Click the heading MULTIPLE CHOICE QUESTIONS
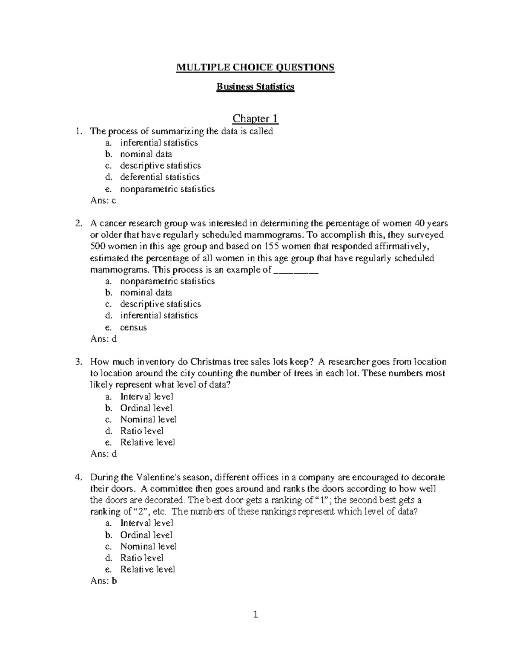pos(255,67)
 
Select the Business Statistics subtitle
pos(255,87)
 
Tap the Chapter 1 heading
pos(255,118)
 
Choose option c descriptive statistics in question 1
pos(160,165)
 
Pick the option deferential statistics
pos(160,177)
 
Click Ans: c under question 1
pos(103,200)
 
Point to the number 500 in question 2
pos(98,246)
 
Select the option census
pos(133,327)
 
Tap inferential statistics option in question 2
pos(159,315)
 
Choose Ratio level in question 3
pos(142,431)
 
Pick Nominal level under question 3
pos(148,419)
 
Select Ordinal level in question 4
pos(146,535)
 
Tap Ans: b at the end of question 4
pos(103,581)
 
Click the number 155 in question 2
pos(270,246)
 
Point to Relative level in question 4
pos(147,569)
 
